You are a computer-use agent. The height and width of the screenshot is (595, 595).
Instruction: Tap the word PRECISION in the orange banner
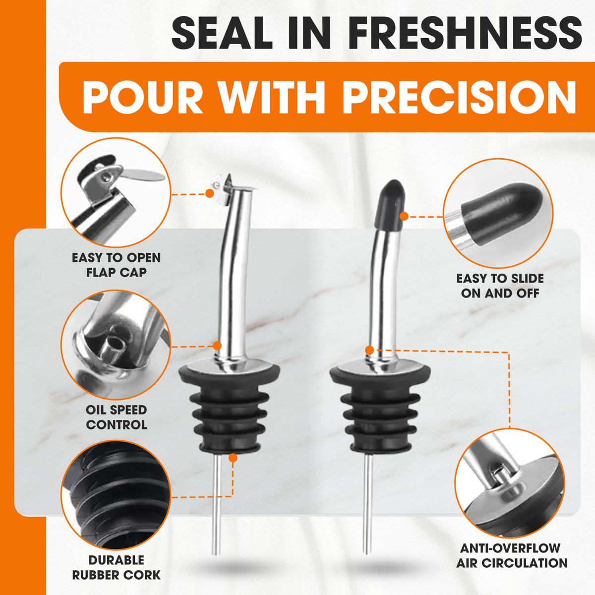tap(460, 97)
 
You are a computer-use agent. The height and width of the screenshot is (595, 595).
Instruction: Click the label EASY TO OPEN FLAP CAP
tap(116, 265)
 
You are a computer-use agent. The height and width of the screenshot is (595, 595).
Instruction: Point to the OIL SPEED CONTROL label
tap(116, 417)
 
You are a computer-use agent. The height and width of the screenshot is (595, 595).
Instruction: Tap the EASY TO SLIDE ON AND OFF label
tap(500, 286)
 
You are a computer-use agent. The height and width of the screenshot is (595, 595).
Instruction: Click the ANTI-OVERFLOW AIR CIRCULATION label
tap(512, 556)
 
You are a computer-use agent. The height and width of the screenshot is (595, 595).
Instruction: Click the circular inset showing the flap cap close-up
tap(116, 192)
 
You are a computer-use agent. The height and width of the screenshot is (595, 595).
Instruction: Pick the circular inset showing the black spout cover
tap(498, 213)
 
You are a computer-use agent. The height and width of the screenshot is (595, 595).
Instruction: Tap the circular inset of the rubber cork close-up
tap(116, 495)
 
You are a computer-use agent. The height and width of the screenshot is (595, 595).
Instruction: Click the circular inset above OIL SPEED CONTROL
tap(116, 345)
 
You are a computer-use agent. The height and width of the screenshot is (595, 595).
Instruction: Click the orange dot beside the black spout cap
tap(404, 217)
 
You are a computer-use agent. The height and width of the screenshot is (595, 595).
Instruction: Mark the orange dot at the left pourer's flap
tap(210, 193)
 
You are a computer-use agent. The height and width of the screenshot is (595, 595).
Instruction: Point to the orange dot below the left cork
tap(234, 458)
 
